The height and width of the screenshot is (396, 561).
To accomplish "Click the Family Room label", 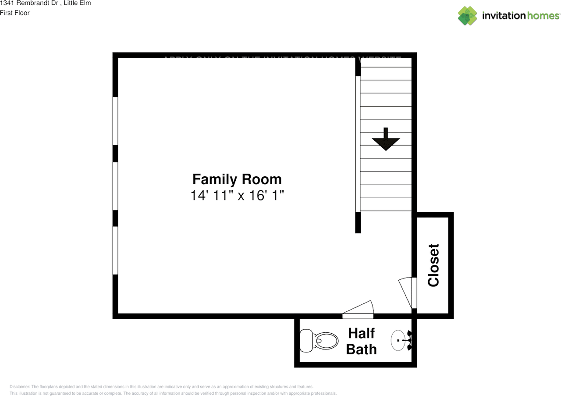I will pos(237,179).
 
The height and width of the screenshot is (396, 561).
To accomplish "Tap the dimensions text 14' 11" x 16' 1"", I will pos(237,195).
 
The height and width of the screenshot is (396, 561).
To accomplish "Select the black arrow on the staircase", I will pos(386,140).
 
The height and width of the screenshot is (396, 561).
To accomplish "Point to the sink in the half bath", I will pos(398,340).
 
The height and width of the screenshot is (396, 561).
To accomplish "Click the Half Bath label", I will pos(361,341).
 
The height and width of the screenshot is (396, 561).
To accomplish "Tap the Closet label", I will pos(433,265).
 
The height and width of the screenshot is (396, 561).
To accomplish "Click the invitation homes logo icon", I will pos(468,16).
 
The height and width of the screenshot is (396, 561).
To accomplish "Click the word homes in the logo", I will pos(543,16).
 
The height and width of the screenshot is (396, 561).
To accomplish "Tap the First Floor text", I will pos(15,13).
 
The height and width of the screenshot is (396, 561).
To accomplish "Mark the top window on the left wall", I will pos(115,121).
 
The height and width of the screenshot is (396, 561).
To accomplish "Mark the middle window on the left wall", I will pos(115,186).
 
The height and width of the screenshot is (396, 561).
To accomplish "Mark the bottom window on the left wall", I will pos(115,250).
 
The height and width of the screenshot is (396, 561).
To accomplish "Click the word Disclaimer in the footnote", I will pos(20,387).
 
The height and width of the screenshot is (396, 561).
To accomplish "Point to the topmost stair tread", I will pos(386,73).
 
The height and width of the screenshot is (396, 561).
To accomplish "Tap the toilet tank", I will pos(305,341).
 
